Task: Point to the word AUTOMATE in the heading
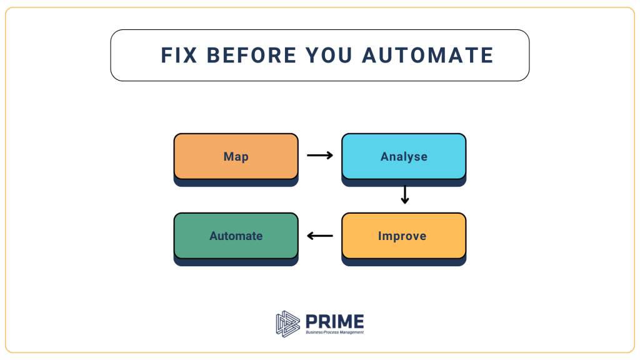coord(428,55)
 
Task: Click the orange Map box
coord(236,157)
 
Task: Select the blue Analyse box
coord(404,157)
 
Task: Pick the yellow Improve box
coord(404,236)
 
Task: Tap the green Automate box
coord(236,236)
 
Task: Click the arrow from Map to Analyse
coord(320,156)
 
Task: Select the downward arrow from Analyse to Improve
coord(404,194)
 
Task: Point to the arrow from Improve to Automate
coord(320,236)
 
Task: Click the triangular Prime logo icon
coord(287,322)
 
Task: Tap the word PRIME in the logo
coord(334,321)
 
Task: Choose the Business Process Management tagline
coord(334,332)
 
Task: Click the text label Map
coord(236,157)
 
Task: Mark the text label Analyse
coord(404,157)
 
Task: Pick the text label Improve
coord(402,236)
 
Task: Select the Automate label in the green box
coord(236,236)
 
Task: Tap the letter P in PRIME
coord(311,321)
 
